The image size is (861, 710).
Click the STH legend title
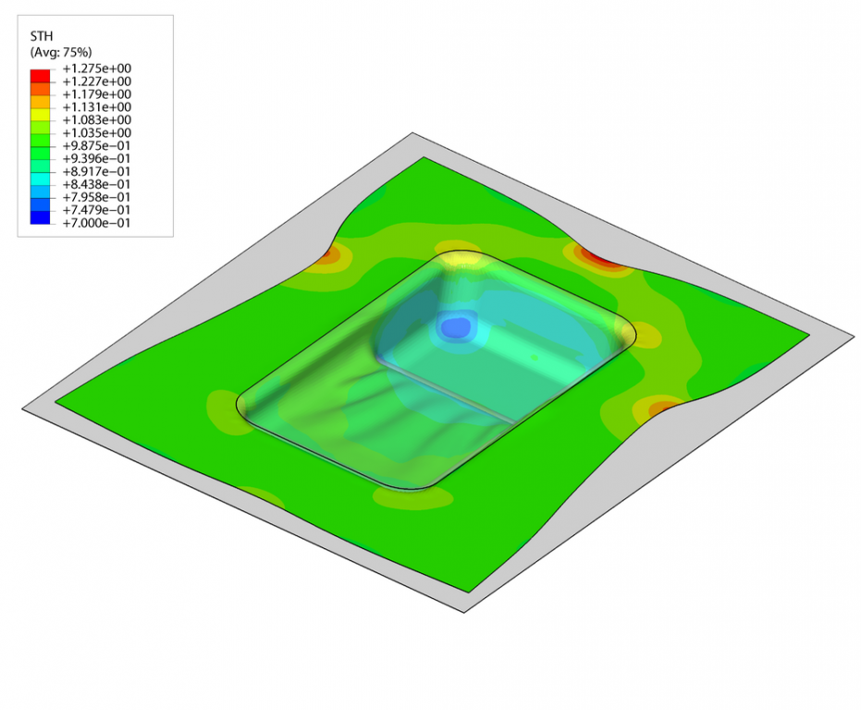click(x=42, y=36)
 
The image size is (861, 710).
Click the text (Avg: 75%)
click(x=61, y=52)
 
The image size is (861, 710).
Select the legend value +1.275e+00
click(x=96, y=68)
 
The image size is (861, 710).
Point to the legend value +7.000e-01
click(x=96, y=223)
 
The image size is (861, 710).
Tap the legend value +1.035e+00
click(x=96, y=133)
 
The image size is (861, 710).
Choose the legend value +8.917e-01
click(x=96, y=171)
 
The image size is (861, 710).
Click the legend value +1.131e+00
click(x=96, y=107)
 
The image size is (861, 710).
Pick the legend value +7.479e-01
click(x=96, y=210)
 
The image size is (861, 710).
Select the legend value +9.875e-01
click(x=96, y=145)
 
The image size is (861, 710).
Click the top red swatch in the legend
click(x=40, y=75)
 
